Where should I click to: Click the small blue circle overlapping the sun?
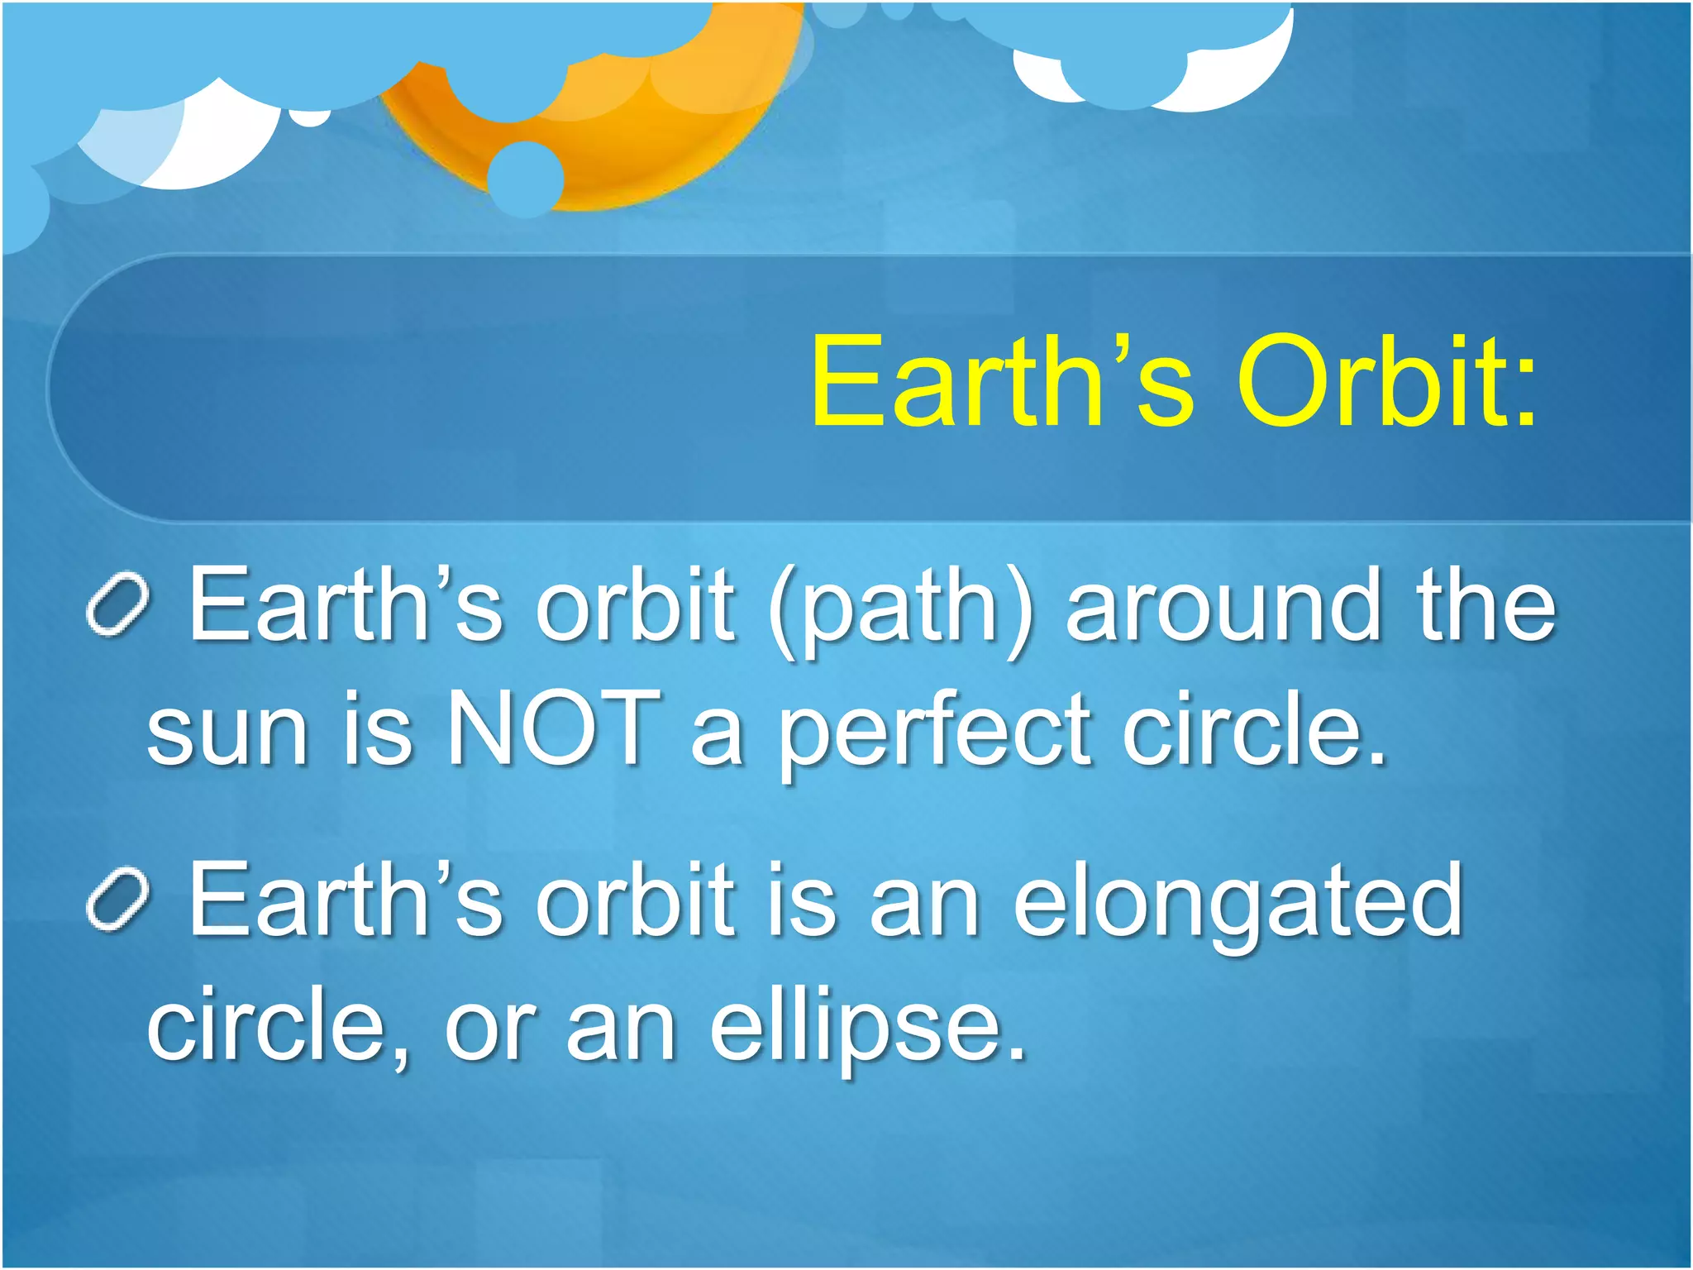(x=524, y=177)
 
